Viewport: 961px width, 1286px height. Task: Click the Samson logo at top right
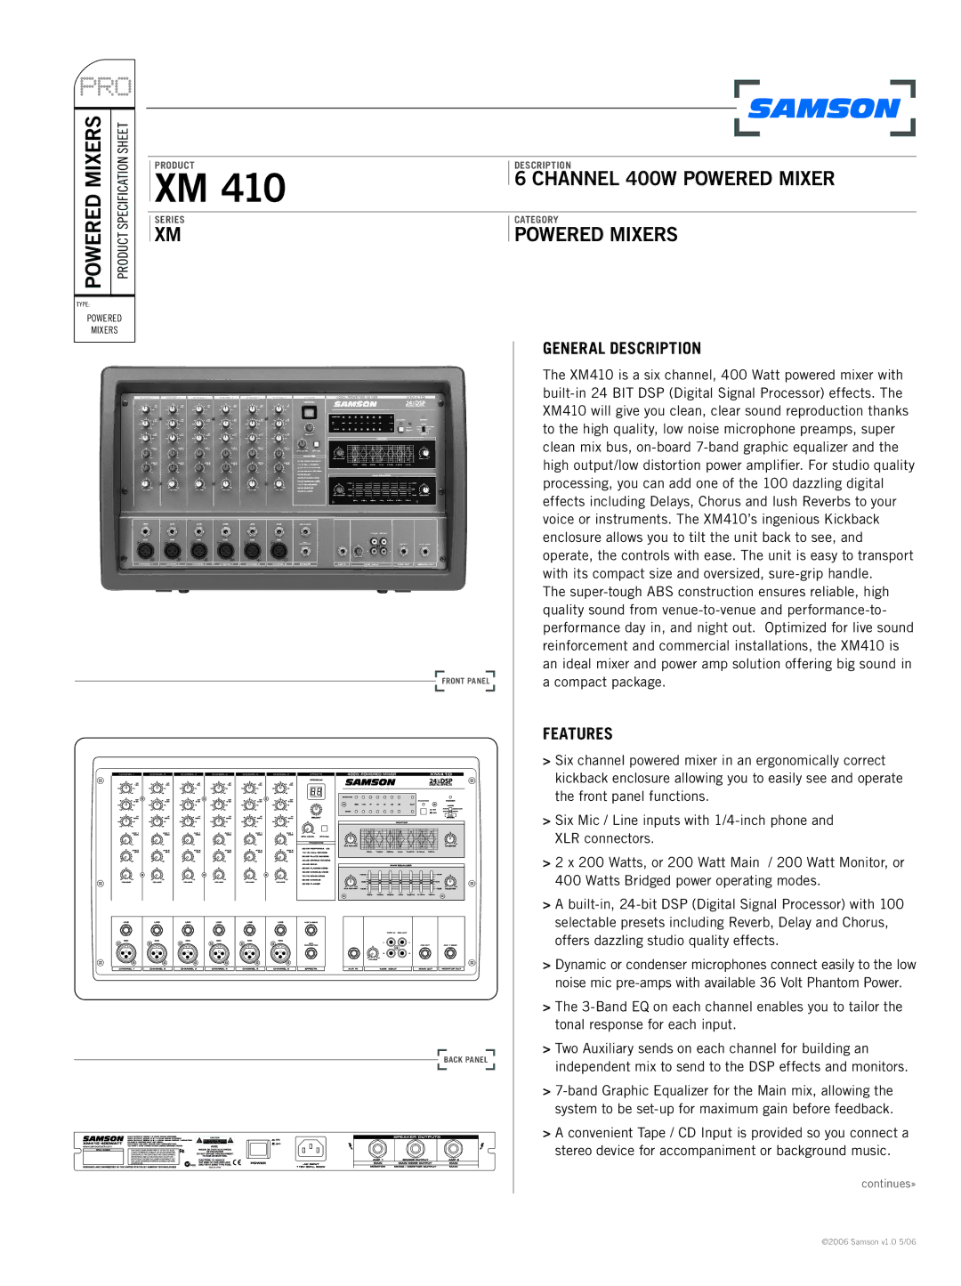(824, 109)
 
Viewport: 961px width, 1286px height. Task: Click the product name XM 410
(220, 188)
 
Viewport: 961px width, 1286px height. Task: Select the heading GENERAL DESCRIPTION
(622, 349)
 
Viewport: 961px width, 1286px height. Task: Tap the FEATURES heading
(577, 734)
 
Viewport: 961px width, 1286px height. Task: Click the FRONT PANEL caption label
(465, 681)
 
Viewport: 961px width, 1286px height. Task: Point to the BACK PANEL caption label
(465, 1060)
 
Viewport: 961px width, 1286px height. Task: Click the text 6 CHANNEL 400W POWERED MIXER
(674, 179)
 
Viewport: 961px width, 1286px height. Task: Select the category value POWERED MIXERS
(596, 235)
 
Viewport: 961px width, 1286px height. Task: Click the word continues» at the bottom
(888, 1184)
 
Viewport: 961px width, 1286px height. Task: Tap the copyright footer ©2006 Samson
(868, 1242)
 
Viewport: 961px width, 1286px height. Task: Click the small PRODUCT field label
(174, 166)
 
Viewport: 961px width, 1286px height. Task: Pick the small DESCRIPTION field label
(543, 166)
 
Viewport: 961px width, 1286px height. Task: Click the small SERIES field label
(170, 220)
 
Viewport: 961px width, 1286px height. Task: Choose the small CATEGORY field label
(537, 220)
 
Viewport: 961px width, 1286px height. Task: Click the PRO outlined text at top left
(105, 87)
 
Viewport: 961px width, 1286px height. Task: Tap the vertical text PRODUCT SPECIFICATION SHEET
(123, 200)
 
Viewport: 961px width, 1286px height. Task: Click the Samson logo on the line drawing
(370, 782)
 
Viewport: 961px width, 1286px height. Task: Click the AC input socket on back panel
(311, 1148)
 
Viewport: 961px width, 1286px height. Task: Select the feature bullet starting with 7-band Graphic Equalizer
(723, 1100)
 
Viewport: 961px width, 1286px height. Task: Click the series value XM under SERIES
(167, 235)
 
